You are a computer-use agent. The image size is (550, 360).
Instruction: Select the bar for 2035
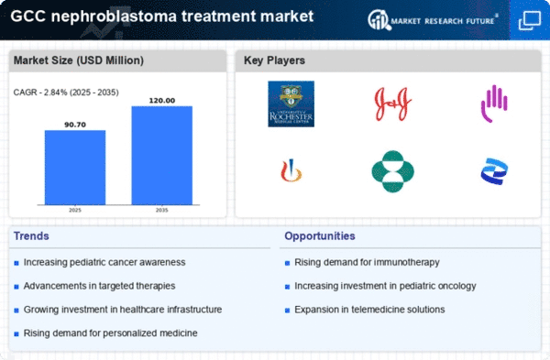pyautogui.click(x=161, y=155)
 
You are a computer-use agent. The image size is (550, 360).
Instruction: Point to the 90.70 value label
pyautogui.click(x=75, y=123)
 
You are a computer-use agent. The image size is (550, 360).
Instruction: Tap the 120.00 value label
pyautogui.click(x=161, y=100)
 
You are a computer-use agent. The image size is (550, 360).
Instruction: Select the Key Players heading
pyautogui.click(x=274, y=61)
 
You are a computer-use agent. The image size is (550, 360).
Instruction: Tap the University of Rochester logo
pyautogui.click(x=291, y=104)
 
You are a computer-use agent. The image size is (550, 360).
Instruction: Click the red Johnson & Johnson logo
pyautogui.click(x=391, y=103)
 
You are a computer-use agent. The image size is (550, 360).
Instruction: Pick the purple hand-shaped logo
pyautogui.click(x=493, y=104)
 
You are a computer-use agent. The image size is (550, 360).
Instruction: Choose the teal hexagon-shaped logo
pyautogui.click(x=391, y=171)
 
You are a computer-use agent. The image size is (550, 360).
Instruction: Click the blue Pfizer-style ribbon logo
pyautogui.click(x=493, y=171)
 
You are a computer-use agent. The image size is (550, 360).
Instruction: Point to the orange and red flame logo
pyautogui.click(x=291, y=171)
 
